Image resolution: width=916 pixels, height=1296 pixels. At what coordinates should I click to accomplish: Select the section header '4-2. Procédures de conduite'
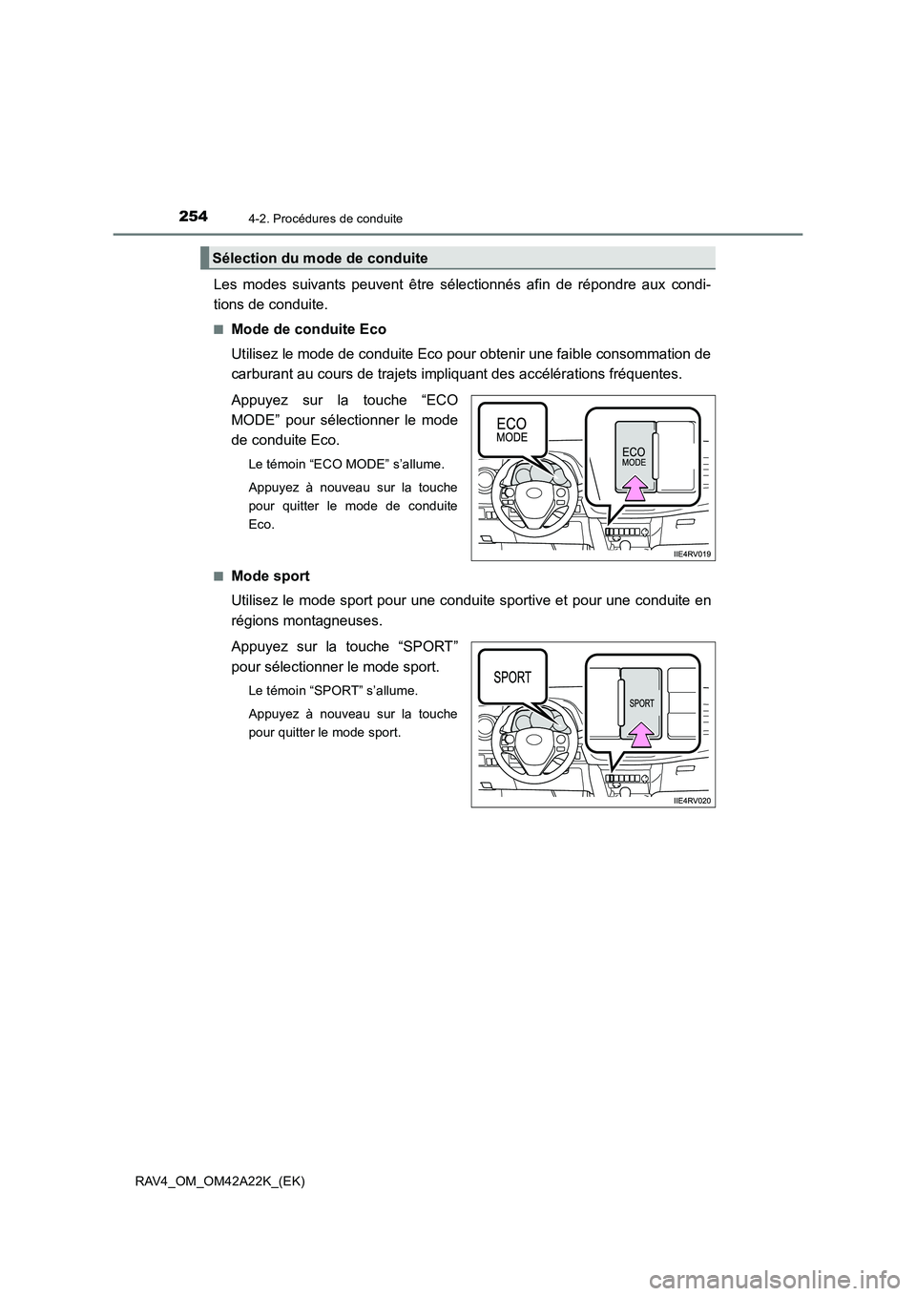334,219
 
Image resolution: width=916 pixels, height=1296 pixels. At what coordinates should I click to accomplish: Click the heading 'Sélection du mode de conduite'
320,259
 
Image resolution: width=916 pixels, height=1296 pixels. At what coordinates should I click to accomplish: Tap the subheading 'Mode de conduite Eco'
308,329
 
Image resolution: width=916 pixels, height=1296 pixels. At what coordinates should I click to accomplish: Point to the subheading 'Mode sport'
270,576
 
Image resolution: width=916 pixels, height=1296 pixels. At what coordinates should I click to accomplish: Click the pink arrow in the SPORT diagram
641,732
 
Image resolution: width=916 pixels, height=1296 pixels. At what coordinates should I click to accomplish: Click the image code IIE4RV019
692,554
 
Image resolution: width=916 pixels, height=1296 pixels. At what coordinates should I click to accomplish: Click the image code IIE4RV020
692,801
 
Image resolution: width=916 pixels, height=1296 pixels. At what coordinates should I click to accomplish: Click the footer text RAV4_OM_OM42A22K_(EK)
238,1181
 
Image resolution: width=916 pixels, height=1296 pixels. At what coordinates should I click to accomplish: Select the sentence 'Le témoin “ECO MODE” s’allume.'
345,465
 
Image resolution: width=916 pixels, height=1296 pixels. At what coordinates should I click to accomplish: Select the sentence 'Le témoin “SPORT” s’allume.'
332,689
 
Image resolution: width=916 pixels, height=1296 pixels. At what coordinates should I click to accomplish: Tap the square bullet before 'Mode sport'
219,576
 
